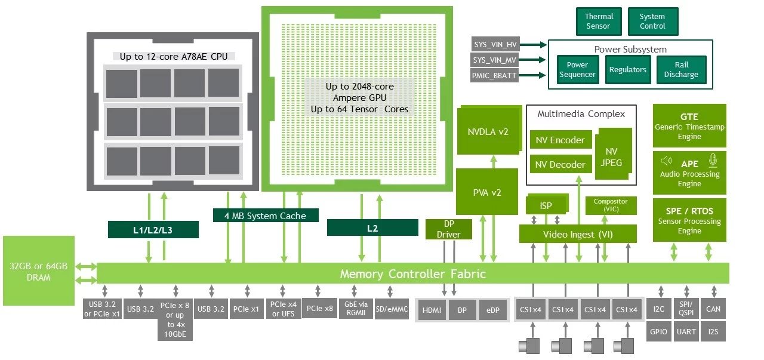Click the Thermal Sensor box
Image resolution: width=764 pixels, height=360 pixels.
598,21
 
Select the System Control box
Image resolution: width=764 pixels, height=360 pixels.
652,21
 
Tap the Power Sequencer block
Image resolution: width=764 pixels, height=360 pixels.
577,70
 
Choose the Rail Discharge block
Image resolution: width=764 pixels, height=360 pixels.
681,70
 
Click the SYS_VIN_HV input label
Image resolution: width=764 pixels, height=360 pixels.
495,45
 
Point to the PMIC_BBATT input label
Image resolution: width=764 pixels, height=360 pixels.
495,76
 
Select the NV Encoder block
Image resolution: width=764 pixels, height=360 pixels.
560,140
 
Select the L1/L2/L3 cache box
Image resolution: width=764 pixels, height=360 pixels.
153,229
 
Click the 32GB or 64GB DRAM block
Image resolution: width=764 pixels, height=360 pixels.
38,270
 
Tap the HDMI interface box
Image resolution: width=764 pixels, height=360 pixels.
432,310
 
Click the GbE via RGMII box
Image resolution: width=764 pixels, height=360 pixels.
355,309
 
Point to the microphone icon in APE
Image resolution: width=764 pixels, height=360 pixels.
712,161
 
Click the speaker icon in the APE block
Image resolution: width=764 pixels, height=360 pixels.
667,161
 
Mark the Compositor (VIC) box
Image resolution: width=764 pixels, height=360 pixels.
611,205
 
